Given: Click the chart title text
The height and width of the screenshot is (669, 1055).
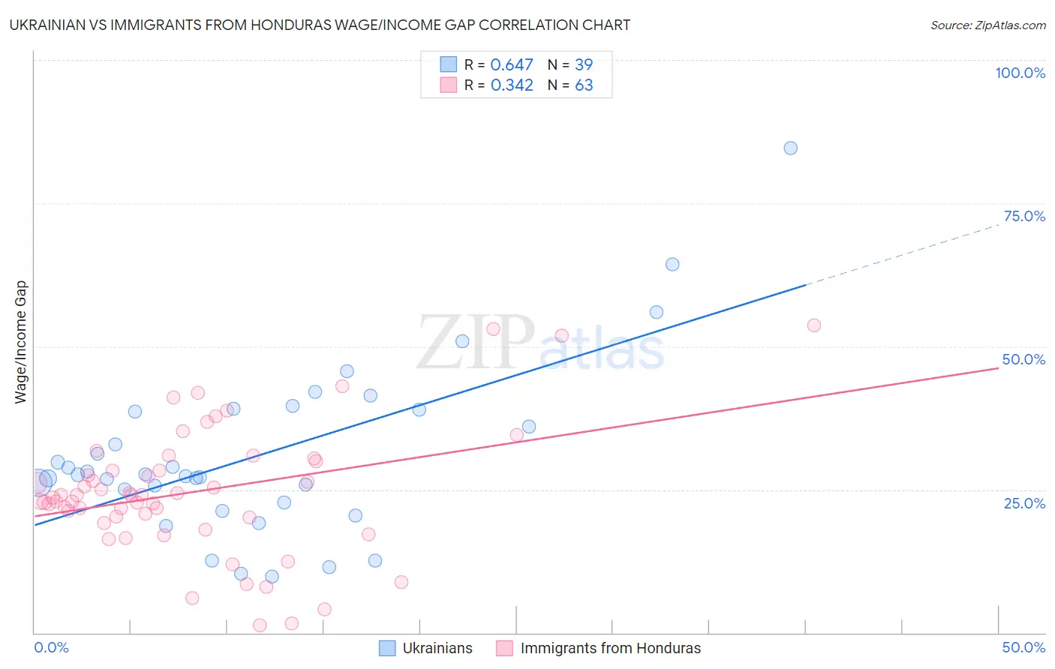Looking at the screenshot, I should coord(320,25).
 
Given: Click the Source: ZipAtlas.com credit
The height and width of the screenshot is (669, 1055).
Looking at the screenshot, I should coord(987,25).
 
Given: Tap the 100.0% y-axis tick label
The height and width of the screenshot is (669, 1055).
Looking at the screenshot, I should coord(1020,73).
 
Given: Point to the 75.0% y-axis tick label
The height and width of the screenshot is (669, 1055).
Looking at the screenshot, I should coord(1024,216).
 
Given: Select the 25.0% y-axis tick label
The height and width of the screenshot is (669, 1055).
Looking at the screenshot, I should coord(1024,503).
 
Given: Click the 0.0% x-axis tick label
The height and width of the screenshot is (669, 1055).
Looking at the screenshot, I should coord(51,647).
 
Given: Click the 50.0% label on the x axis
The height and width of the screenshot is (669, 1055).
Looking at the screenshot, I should coord(1023,647).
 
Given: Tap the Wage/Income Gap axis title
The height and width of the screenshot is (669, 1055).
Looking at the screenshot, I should coord(21,342).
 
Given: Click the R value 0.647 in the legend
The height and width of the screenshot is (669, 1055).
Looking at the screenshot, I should coord(512,65).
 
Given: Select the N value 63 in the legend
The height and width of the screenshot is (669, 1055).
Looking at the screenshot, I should coord(584,85).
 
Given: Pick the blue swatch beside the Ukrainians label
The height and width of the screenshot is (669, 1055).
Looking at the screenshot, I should coord(387,648).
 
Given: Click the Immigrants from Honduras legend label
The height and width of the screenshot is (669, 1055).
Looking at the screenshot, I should coord(610,648).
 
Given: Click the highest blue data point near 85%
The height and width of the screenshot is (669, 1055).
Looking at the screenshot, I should coord(790,148).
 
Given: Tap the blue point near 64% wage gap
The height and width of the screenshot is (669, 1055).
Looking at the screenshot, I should coord(672,264).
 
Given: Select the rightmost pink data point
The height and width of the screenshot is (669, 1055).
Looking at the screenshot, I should coord(813,325).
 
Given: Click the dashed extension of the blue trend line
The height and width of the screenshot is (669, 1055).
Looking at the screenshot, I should coord(900,255).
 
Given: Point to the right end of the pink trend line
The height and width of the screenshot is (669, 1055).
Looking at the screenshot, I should coord(997,368).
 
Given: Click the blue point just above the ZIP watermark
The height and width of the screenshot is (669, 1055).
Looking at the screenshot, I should coord(462,341).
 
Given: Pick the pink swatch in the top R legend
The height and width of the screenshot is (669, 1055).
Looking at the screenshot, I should coord(448,85).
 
